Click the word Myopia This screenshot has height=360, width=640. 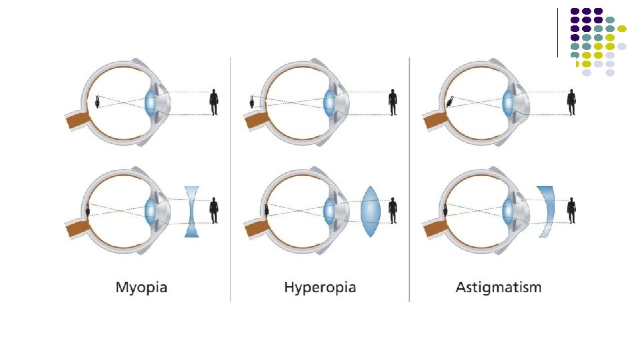coord(141,288)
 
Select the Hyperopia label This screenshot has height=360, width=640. coord(320,288)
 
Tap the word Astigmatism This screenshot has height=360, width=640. coord(499,288)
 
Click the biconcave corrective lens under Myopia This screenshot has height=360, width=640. coord(193,211)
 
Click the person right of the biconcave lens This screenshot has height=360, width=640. coord(214,210)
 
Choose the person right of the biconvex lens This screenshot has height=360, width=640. coord(393,210)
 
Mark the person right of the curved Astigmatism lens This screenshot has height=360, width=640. coord(571,210)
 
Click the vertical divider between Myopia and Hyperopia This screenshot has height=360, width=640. coord(231,180)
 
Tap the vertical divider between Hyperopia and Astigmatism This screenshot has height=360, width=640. coord(409,180)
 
